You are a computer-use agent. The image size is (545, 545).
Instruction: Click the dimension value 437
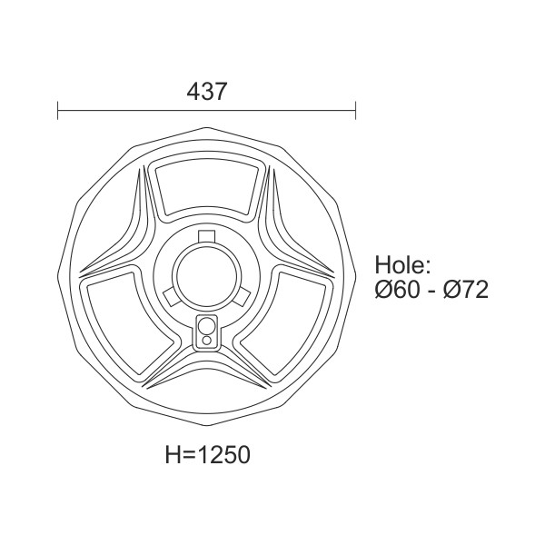click(x=206, y=92)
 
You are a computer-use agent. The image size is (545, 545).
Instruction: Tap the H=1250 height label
click(x=207, y=455)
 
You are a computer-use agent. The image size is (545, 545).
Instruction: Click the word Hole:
click(x=402, y=265)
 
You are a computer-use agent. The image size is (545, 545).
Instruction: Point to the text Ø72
click(x=466, y=290)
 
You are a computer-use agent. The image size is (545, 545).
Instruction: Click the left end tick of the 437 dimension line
click(x=58, y=111)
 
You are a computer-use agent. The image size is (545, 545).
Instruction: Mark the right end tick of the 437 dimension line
click(x=355, y=111)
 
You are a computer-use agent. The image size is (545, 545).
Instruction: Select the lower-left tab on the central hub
click(x=171, y=296)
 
